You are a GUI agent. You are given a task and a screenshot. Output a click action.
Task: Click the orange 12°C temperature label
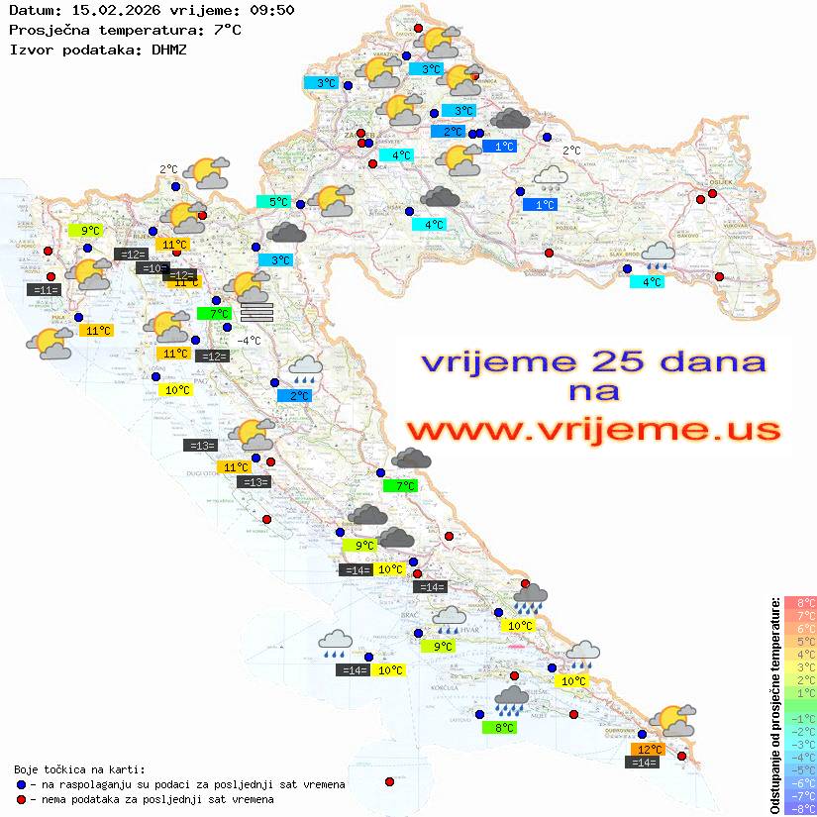click(650, 750)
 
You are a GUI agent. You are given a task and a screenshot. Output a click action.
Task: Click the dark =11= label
click(46, 290)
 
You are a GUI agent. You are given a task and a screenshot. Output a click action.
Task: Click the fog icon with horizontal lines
click(255, 312)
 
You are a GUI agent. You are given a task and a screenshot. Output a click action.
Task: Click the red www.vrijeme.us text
click(592, 430)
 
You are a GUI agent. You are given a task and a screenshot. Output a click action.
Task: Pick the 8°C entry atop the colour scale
click(799, 603)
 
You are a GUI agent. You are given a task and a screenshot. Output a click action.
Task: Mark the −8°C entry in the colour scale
click(799, 808)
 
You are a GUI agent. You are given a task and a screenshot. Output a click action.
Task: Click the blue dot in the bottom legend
click(21, 784)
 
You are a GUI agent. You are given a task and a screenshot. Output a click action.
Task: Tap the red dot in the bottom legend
click(21, 799)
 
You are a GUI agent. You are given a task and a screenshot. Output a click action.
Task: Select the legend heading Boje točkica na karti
click(79, 769)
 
